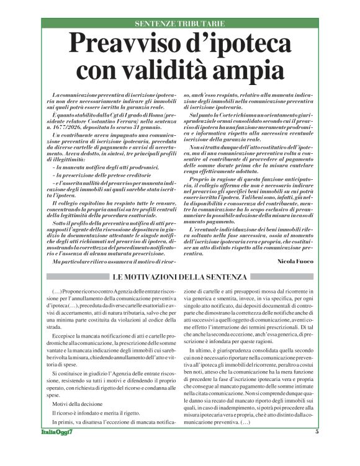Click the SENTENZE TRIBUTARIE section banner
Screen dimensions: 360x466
[x=180, y=24]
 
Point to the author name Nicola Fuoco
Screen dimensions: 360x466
[x=295, y=261]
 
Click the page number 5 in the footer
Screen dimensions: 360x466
[x=317, y=449]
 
